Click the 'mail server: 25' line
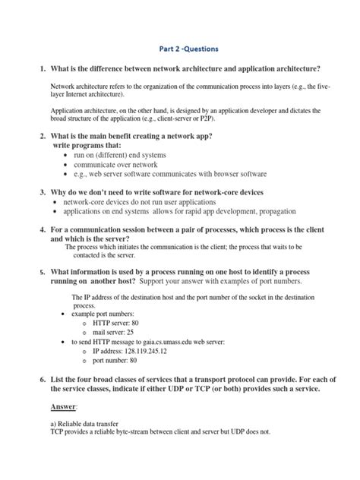(115, 332)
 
